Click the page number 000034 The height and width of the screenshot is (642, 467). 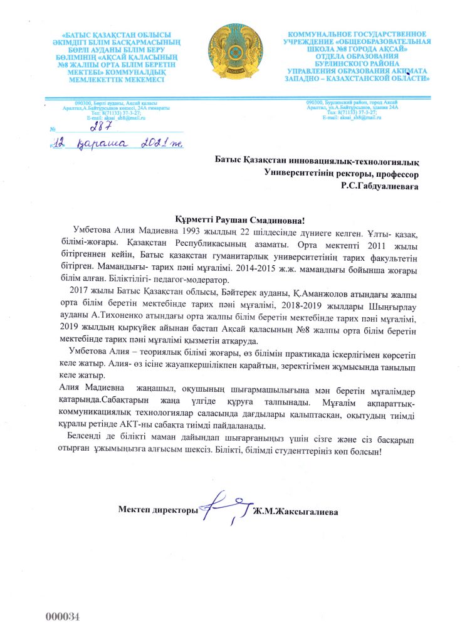(63, 616)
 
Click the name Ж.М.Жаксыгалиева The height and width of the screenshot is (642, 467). (295, 512)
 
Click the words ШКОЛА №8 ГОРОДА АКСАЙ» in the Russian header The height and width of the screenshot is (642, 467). (356, 48)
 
